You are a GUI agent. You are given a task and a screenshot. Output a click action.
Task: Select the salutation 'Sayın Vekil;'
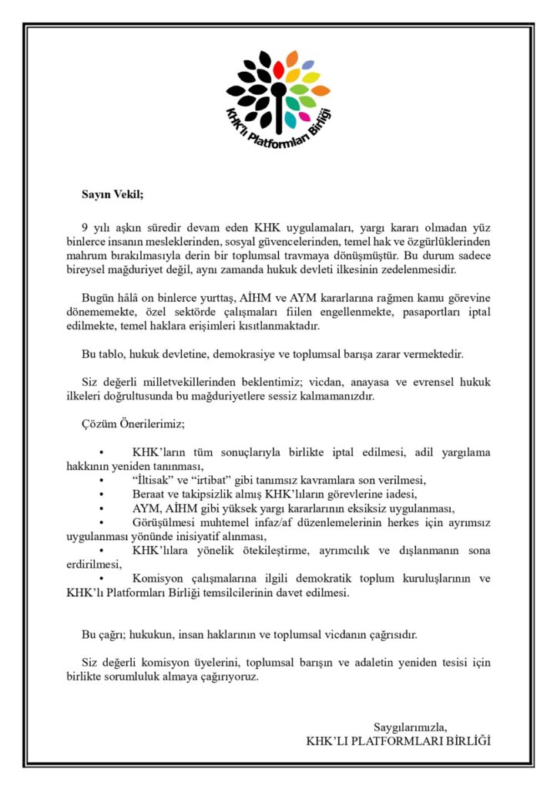pyautogui.click(x=113, y=194)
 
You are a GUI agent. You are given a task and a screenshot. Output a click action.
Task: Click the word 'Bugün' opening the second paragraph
pyautogui.click(x=99, y=297)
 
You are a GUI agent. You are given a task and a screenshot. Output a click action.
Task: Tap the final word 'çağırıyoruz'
pyautogui.click(x=227, y=677)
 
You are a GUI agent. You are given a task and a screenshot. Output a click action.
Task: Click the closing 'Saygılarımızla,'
pyautogui.click(x=411, y=727)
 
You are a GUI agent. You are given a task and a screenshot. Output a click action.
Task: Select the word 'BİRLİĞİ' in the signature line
pyautogui.click(x=462, y=741)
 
